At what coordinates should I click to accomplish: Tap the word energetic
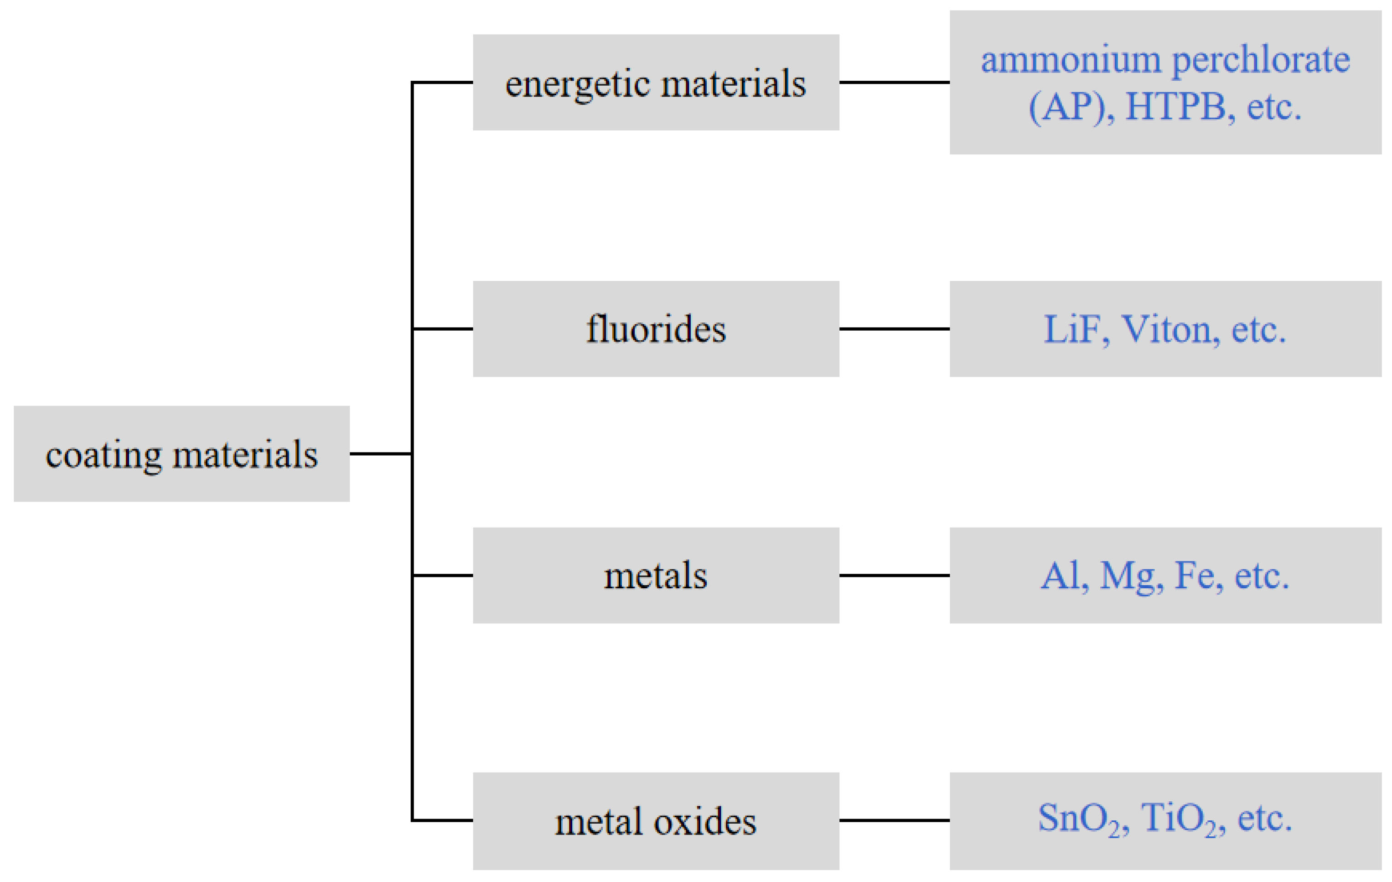click(x=578, y=84)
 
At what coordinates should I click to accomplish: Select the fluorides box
click(x=656, y=329)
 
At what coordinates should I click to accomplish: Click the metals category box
click(x=656, y=576)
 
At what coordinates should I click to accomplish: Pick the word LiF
click(x=1076, y=329)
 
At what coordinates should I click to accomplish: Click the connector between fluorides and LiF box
click(x=894, y=329)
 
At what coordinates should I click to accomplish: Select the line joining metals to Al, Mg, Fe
click(x=894, y=576)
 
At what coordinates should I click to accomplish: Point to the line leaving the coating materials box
click(x=380, y=454)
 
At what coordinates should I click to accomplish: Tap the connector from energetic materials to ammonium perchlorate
click(x=894, y=83)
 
